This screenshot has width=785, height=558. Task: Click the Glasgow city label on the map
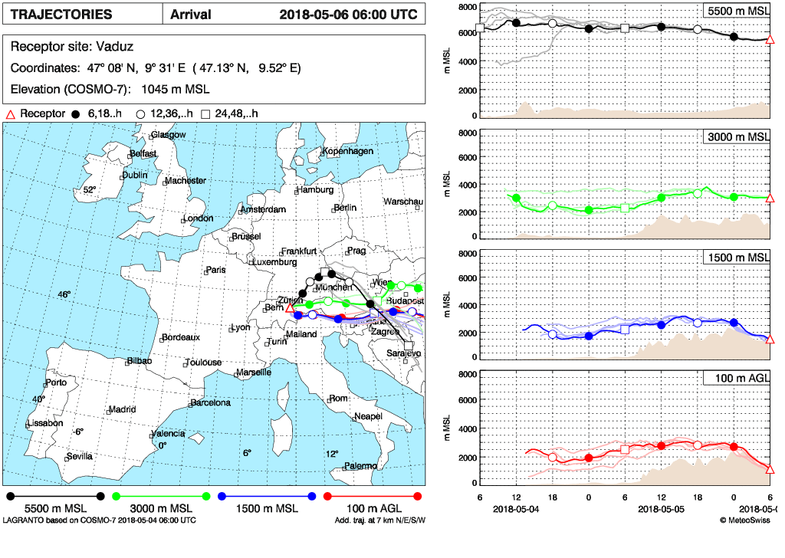click(169, 135)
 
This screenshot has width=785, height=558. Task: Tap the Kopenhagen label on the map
click(348, 151)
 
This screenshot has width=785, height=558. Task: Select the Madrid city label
click(122, 409)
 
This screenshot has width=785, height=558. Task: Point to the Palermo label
click(360, 465)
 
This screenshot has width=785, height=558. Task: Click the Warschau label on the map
click(402, 202)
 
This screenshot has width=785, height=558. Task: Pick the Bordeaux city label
click(181, 337)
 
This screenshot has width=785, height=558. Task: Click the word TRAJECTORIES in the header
click(61, 15)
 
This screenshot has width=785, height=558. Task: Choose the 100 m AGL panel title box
click(737, 378)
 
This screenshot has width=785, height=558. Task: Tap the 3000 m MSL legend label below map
click(160, 508)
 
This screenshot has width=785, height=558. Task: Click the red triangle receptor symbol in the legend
click(11, 114)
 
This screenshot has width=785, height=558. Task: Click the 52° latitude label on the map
click(89, 190)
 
